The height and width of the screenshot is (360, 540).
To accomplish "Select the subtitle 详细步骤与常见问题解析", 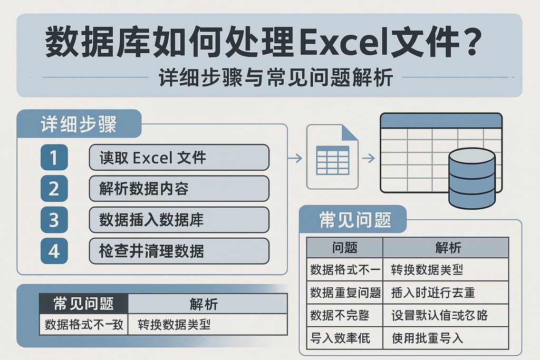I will [x=276, y=78].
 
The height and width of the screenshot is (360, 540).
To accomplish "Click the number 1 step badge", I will [x=54, y=158].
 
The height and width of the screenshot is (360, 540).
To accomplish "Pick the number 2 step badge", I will [x=54, y=189].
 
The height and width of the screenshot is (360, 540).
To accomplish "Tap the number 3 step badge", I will [x=54, y=220].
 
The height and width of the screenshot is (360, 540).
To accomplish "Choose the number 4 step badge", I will [x=54, y=251].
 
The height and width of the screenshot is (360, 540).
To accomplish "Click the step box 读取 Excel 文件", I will [x=179, y=158].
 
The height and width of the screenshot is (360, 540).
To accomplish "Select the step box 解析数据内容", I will [x=179, y=189].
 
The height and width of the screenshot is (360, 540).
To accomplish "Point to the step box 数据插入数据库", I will [x=179, y=220].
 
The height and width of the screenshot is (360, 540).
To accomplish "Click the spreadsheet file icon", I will [x=332, y=156].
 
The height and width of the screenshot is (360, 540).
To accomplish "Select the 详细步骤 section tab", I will [x=79, y=124].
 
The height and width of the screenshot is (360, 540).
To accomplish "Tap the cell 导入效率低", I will [x=341, y=337].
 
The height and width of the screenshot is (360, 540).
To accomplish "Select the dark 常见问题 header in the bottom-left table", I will [x=84, y=303].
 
